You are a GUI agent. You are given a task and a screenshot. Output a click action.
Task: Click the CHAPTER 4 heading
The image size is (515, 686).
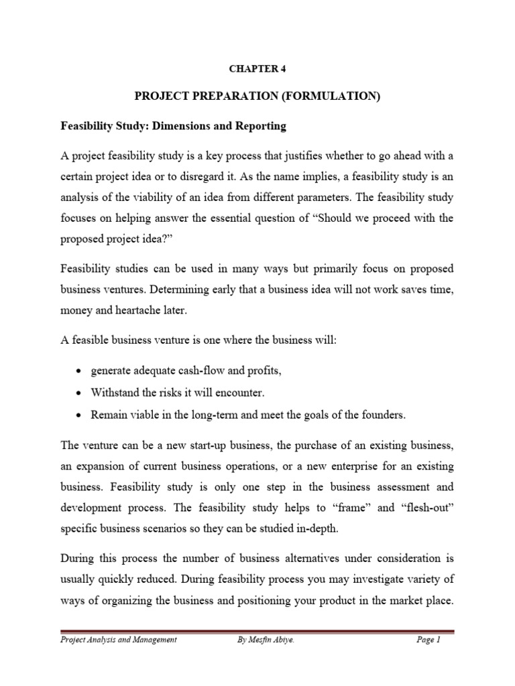(257, 68)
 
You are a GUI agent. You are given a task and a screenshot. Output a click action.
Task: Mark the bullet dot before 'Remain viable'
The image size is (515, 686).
(80, 415)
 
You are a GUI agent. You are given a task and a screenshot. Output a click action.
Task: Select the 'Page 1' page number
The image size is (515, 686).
(427, 640)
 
